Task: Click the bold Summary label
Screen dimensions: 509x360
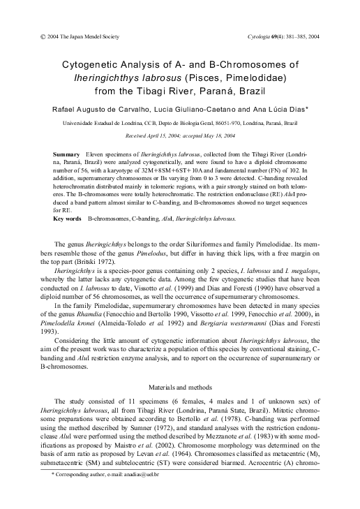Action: coord(66,152)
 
